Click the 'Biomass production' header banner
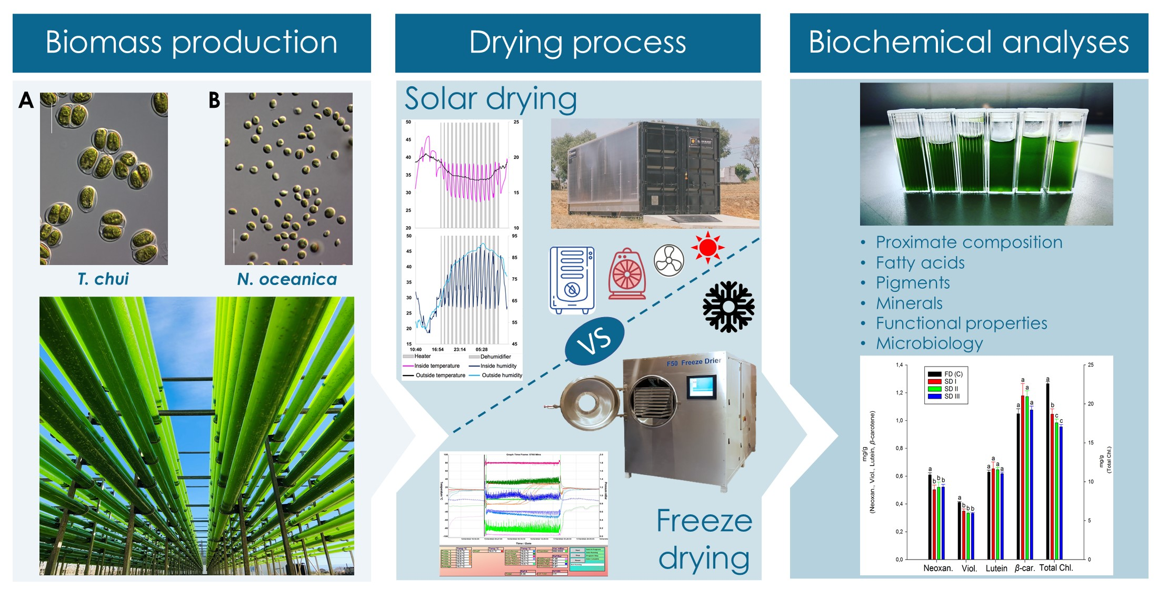point(192,43)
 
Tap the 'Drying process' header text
point(577,43)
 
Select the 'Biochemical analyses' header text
point(969,43)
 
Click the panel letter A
point(26,100)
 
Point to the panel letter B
point(214,100)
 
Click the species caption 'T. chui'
point(103,279)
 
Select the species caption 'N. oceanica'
point(287,279)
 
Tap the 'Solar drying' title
point(491,99)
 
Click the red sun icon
point(707,247)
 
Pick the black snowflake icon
point(728,307)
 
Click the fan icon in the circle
point(668,260)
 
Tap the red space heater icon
point(627,273)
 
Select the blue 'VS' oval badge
point(594,341)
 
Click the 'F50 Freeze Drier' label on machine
point(694,362)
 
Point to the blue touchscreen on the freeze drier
point(701,387)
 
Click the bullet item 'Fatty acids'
point(920,262)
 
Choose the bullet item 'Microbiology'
point(929,343)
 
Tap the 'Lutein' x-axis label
point(996,568)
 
